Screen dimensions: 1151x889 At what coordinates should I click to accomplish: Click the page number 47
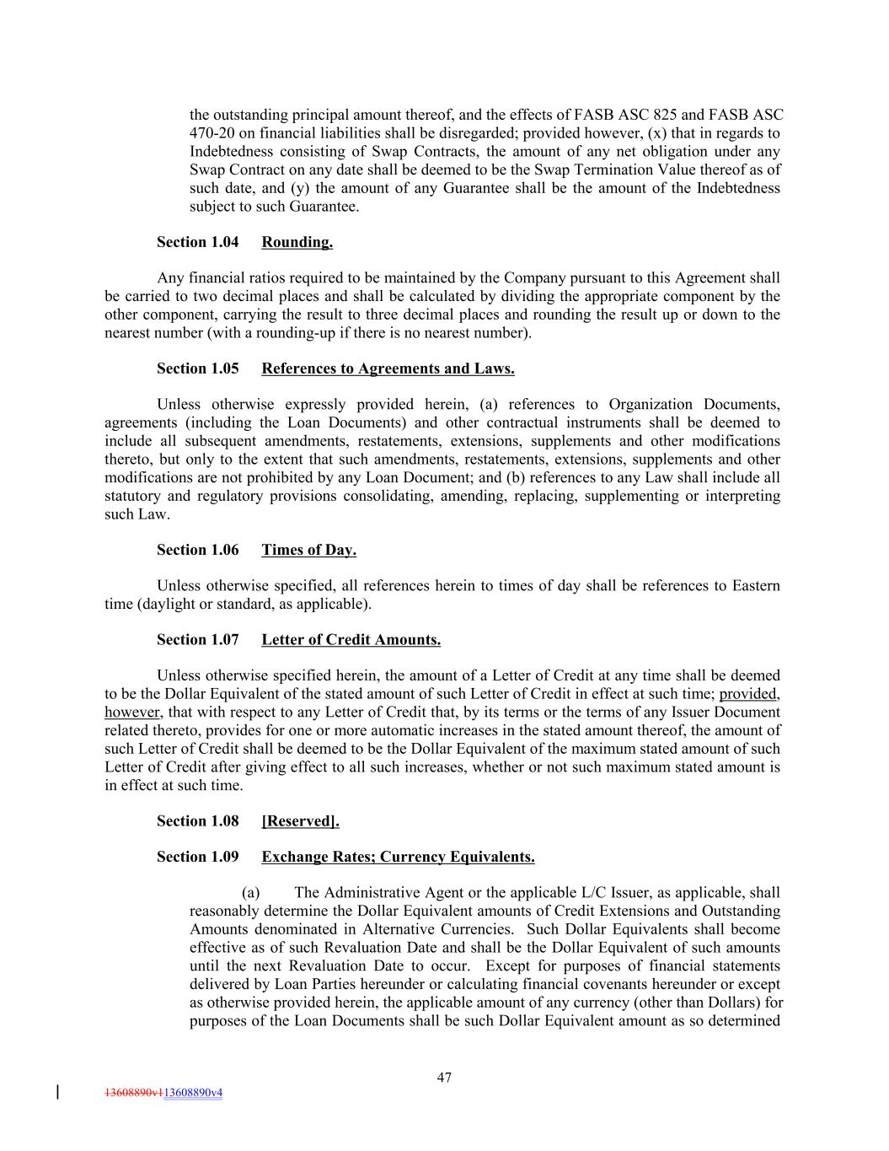[444, 1077]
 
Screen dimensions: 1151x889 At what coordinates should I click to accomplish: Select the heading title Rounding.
[297, 243]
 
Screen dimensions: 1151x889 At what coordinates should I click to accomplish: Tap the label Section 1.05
[197, 369]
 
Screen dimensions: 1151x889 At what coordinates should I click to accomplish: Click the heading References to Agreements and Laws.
[388, 369]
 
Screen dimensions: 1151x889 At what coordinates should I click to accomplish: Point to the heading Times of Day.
[308, 551]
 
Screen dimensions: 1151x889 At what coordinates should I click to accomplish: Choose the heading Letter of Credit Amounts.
[351, 640]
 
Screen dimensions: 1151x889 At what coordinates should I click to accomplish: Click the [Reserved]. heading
[300, 821]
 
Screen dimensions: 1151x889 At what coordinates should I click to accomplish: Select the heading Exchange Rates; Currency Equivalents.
[398, 858]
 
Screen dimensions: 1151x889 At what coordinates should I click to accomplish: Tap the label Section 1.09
[197, 858]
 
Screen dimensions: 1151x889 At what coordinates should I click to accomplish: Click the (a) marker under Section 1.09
[250, 893]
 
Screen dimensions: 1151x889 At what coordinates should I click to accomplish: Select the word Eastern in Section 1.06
[755, 586]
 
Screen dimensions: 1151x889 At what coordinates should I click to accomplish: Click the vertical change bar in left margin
[56, 1092]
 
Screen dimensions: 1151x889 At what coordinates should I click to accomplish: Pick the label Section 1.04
[197, 243]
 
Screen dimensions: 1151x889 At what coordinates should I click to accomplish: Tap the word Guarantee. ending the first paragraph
[324, 207]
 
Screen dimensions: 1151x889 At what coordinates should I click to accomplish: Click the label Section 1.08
[197, 821]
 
